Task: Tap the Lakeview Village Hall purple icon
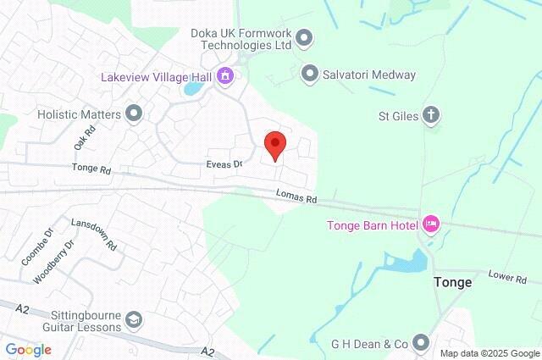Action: click(x=225, y=76)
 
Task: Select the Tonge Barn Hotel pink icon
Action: click(x=431, y=224)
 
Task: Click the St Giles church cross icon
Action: click(x=432, y=114)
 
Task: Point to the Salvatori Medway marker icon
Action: click(x=310, y=74)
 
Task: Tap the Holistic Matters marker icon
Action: click(x=134, y=113)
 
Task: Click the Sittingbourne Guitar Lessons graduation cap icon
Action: click(x=133, y=319)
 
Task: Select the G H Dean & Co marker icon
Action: click(x=421, y=343)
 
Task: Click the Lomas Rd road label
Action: click(x=296, y=197)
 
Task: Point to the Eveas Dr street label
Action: click(x=224, y=163)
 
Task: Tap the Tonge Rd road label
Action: click(x=92, y=169)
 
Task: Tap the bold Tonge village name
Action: click(x=452, y=282)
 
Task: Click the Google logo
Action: click(x=28, y=350)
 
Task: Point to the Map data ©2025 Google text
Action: click(x=489, y=353)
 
